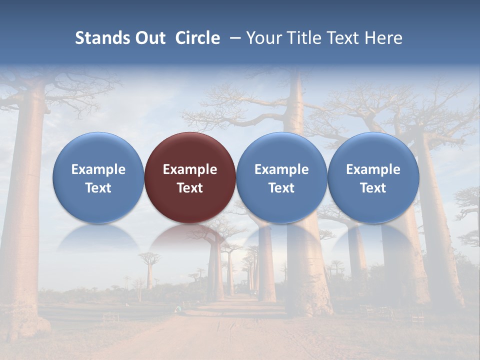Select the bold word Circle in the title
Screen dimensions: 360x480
197,38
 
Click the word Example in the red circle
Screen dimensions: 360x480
190,169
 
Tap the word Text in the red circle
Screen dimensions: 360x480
190,188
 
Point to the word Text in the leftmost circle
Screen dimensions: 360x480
98,188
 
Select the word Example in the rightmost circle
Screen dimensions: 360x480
373,169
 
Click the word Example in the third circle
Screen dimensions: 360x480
281,169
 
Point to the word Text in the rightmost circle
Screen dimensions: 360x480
373,188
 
